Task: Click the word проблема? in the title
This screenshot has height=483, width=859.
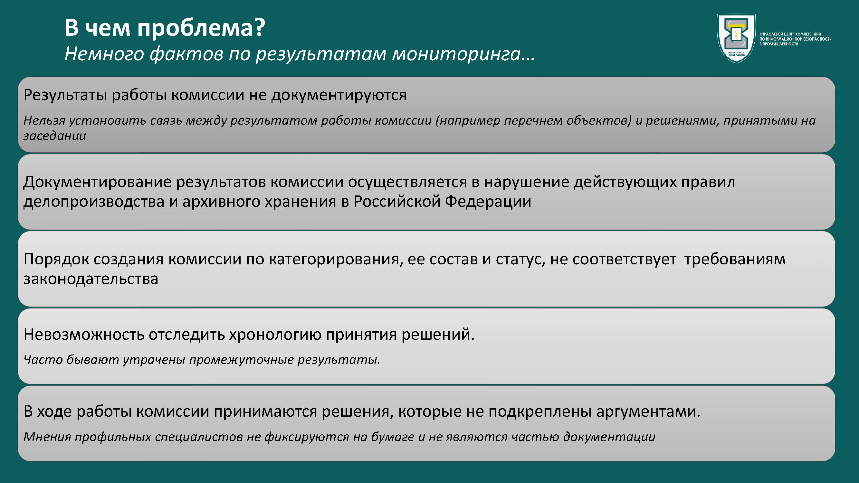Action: (201, 28)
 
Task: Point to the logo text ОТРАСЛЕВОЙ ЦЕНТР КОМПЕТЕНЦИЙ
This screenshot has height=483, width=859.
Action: (790, 34)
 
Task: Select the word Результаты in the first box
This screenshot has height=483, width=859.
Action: (65, 95)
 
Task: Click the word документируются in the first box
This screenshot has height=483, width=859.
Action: (339, 95)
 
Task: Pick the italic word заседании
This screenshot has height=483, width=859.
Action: (55, 136)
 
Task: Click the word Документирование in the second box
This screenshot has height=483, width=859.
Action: (97, 182)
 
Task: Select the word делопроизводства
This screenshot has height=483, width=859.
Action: (94, 202)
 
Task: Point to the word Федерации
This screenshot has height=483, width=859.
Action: (488, 202)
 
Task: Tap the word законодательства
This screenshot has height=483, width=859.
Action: (91, 279)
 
